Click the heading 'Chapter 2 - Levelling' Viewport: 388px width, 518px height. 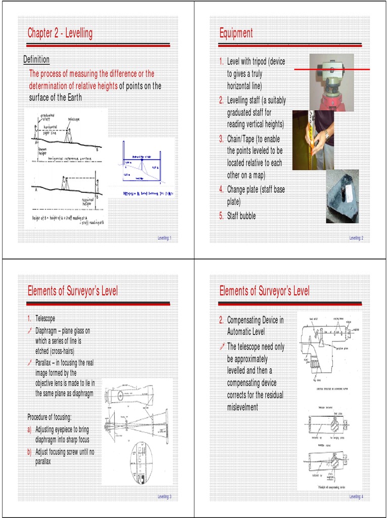tap(60, 34)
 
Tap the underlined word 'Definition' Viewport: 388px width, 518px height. tap(36, 60)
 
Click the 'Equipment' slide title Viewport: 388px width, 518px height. tap(236, 33)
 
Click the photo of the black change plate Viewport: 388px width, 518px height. tap(342, 196)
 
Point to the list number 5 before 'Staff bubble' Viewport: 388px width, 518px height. tap(221, 216)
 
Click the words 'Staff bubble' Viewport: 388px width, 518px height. tap(241, 216)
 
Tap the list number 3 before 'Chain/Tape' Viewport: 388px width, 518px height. tap(221, 139)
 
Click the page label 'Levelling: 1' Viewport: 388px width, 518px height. tap(164, 238)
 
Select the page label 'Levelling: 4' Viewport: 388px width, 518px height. tap(356, 497)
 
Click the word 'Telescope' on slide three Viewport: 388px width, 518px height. tap(45, 319)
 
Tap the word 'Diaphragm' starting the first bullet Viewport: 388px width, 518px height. tap(48, 331)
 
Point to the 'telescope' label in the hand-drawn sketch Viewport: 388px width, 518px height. tap(73, 119)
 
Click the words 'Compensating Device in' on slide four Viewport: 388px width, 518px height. tap(255, 320)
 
